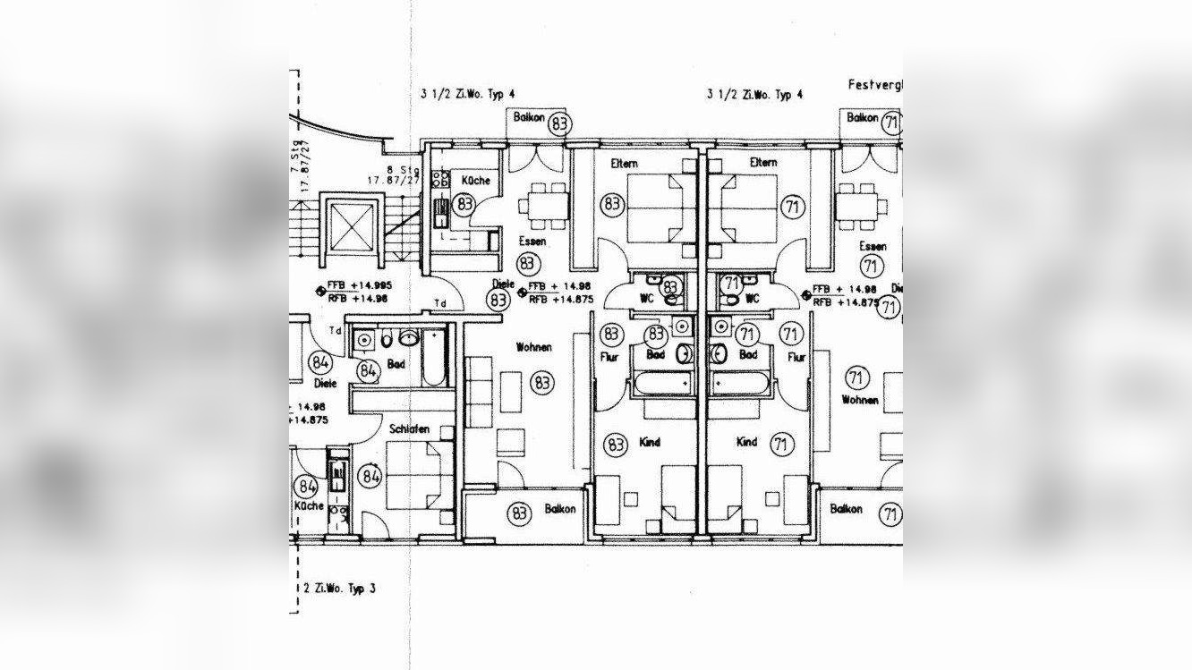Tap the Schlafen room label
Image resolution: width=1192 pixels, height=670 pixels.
409,429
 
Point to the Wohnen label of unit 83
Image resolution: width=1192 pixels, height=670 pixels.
533,347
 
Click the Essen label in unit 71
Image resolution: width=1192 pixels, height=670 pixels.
873,246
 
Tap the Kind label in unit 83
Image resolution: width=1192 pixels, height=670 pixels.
650,442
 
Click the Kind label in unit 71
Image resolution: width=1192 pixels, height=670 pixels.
746,442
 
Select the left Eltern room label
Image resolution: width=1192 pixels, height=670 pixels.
625,163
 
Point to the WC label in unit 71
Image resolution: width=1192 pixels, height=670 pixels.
752,298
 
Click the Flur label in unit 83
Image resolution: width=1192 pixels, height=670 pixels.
609,357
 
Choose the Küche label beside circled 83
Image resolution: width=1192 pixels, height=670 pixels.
475,181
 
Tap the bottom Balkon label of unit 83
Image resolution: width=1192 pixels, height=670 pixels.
560,509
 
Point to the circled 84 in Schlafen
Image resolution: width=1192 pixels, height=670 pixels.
370,476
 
